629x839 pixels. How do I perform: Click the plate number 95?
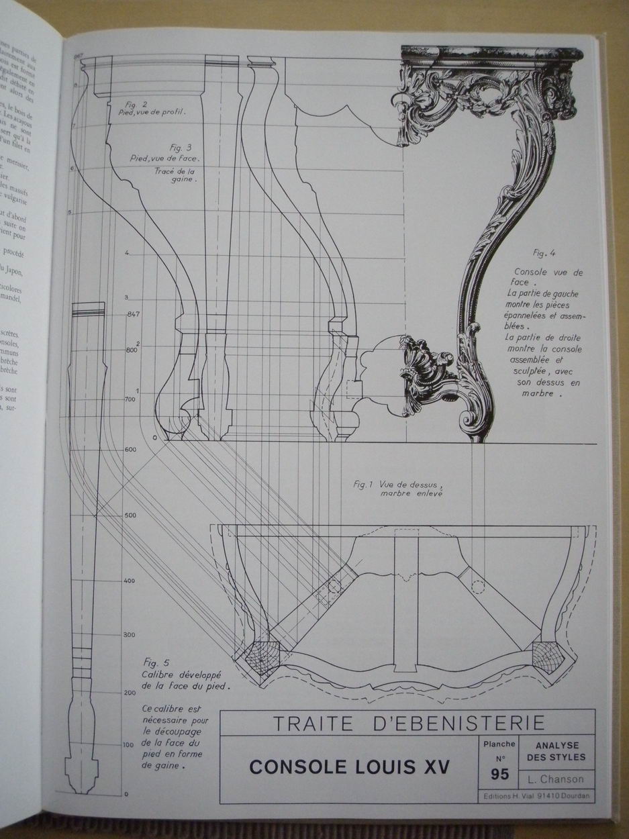pos(499,774)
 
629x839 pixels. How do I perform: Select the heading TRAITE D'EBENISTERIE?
pos(407,723)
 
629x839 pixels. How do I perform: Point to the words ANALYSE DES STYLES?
pos(561,751)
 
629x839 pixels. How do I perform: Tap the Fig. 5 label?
pos(156,662)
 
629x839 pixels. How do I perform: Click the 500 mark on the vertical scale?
pos(130,515)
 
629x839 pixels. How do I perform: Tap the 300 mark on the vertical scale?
pos(130,634)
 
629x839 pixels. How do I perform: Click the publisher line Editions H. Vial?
pos(536,798)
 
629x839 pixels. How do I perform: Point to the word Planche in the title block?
pos(499,744)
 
